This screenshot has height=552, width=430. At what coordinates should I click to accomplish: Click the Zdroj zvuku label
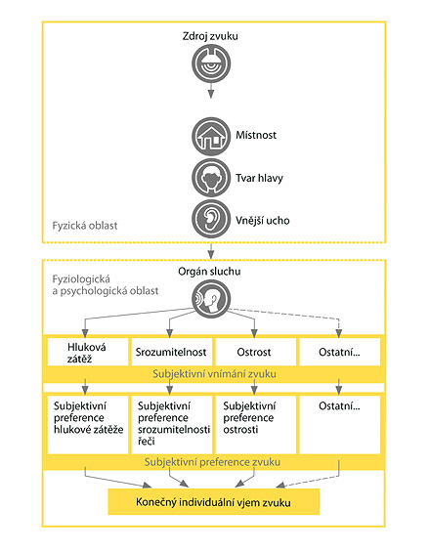click(x=210, y=36)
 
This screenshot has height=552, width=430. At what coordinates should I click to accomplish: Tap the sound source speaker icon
click(x=211, y=64)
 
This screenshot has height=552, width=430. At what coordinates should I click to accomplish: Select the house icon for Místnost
click(x=211, y=137)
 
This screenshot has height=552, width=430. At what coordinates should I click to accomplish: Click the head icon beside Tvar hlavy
click(x=211, y=178)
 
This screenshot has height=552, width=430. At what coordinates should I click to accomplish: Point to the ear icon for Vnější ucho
click(x=211, y=219)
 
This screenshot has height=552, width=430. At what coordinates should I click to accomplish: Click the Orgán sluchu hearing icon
click(x=211, y=299)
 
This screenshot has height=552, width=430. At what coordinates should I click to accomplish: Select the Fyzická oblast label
click(x=85, y=226)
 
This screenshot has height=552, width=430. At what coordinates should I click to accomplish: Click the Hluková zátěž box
click(x=88, y=352)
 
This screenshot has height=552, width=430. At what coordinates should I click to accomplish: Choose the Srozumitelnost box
click(x=171, y=352)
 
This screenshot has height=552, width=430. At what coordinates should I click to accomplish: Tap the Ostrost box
click(x=255, y=352)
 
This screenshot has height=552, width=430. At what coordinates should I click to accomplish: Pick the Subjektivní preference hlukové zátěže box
click(x=88, y=425)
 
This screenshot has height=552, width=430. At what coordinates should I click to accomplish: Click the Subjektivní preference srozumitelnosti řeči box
click(x=171, y=425)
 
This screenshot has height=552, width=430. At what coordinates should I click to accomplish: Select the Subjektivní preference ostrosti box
click(x=255, y=425)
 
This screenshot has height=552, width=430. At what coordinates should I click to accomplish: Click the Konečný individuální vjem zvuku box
click(x=213, y=501)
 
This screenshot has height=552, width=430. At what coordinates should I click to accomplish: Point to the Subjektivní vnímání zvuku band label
click(x=214, y=374)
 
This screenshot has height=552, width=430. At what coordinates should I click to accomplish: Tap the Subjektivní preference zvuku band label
click(x=212, y=462)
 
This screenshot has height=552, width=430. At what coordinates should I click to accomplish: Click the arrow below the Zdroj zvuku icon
click(x=211, y=91)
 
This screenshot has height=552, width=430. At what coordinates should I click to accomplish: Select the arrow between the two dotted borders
click(x=211, y=251)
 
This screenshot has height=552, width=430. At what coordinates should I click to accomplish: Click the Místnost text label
click(x=256, y=135)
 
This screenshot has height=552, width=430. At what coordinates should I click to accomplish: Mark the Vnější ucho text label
click(x=263, y=221)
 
